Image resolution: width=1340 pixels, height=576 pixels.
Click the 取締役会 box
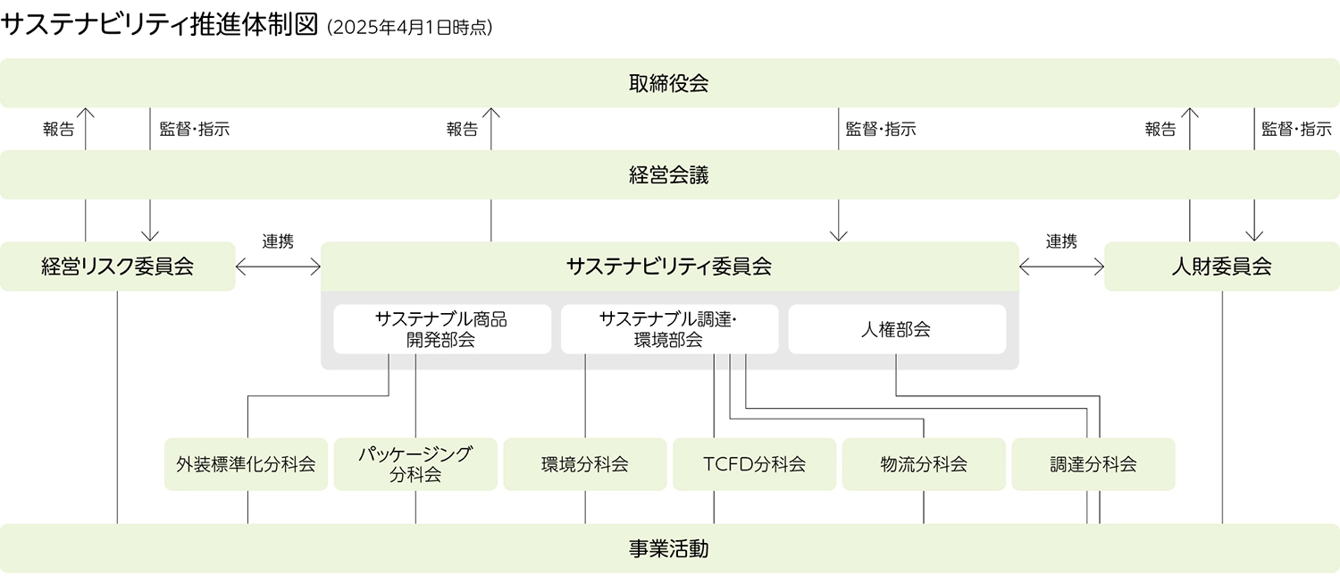669,84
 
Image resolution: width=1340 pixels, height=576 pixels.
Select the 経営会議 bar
669,175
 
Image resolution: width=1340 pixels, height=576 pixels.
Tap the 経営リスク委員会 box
117,267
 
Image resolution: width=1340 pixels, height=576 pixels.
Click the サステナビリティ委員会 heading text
669,267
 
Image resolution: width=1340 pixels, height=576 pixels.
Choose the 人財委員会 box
1221,267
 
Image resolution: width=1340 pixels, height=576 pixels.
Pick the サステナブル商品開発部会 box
442,329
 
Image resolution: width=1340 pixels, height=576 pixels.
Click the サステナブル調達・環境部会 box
669,329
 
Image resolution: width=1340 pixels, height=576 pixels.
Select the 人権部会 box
896,329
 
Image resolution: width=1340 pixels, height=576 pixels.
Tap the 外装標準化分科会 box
246,464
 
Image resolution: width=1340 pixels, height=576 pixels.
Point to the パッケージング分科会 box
415,464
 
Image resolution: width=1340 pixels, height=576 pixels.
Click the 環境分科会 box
585,464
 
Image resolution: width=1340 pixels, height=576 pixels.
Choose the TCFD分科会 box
754,464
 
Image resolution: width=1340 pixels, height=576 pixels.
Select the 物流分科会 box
924,464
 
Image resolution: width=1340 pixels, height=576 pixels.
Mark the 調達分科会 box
1093,464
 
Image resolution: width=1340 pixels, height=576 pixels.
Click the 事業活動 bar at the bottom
669,548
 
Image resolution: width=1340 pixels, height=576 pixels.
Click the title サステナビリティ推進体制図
160,25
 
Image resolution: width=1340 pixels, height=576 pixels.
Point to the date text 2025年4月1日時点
410,28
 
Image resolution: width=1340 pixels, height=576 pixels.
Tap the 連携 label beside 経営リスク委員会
278,241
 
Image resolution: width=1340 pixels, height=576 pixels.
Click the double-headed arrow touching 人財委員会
1061,267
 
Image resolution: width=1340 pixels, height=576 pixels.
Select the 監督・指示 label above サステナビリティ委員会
881,130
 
